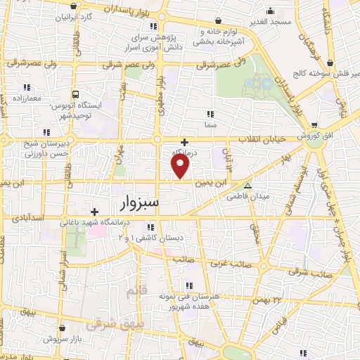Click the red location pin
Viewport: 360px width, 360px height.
(x=181, y=166)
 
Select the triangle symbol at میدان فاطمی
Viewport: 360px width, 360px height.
(x=247, y=185)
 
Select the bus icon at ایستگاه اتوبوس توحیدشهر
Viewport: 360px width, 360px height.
(x=75, y=94)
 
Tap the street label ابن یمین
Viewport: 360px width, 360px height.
(x=213, y=181)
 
